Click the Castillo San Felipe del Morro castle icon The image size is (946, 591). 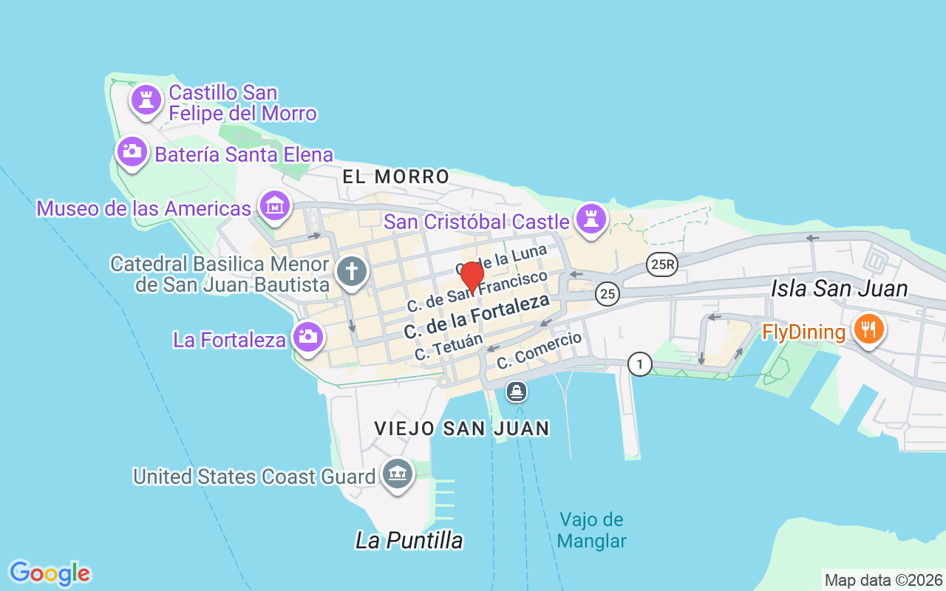[x=146, y=100]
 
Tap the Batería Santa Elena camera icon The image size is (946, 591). [x=132, y=151]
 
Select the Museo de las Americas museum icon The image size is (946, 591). [x=275, y=206]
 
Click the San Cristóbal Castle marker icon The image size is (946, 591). [x=591, y=218]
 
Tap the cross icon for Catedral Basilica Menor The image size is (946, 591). [x=351, y=271]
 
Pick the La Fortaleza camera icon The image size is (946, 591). [x=307, y=338]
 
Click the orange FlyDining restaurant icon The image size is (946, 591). [x=868, y=329]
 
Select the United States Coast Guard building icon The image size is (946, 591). [x=398, y=474]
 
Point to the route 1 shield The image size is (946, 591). [x=640, y=363]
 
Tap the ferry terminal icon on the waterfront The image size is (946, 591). [x=517, y=391]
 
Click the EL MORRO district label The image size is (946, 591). [x=396, y=177]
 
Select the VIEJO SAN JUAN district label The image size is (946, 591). [x=462, y=428]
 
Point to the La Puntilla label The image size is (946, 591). [x=409, y=540]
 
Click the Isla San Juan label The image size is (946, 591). [x=839, y=288]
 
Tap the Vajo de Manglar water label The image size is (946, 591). [x=592, y=530]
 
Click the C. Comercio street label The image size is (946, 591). [x=539, y=351]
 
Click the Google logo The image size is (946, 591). [x=50, y=573]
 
